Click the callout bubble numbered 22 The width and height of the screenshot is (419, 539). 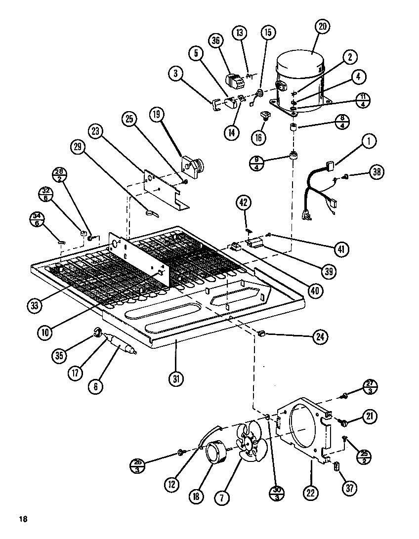pyautogui.click(x=312, y=493)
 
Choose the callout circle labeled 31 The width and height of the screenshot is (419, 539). pyautogui.click(x=176, y=379)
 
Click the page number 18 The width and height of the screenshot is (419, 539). pyautogui.click(x=22, y=519)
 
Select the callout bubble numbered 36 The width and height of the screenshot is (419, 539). pyautogui.click(x=215, y=42)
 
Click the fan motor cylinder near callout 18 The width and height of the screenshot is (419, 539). pyautogui.click(x=215, y=453)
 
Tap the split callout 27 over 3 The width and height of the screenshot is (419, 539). pyautogui.click(x=370, y=387)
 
